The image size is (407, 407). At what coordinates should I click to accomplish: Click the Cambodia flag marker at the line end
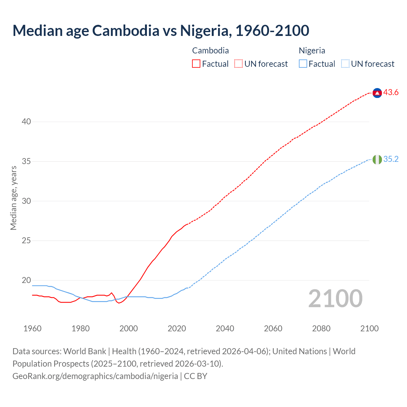point(377,93)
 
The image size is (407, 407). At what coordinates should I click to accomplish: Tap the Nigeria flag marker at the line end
point(377,160)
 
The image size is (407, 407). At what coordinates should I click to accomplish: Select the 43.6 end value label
point(391,93)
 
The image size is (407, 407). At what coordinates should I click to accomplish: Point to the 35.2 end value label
point(391,159)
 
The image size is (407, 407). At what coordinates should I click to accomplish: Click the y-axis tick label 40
point(26,122)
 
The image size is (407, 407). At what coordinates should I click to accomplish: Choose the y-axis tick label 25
point(26,241)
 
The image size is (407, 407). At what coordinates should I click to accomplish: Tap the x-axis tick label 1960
point(32,328)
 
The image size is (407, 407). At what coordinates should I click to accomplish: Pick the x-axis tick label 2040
point(225,328)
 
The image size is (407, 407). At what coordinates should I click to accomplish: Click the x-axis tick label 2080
point(321,328)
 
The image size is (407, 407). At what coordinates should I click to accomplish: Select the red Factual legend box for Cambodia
point(196,64)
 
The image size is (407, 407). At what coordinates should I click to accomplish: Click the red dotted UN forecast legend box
point(238,64)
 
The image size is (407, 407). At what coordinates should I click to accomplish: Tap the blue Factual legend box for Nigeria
point(303,64)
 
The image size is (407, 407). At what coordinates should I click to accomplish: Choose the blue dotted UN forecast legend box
point(345,64)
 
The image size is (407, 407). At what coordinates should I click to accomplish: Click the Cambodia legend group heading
point(210,51)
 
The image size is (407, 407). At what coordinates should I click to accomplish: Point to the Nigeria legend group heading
point(312,51)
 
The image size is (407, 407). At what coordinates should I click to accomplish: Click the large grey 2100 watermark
point(335,298)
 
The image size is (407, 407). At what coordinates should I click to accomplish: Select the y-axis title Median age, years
point(13,198)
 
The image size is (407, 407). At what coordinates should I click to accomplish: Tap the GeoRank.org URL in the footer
point(95,376)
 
